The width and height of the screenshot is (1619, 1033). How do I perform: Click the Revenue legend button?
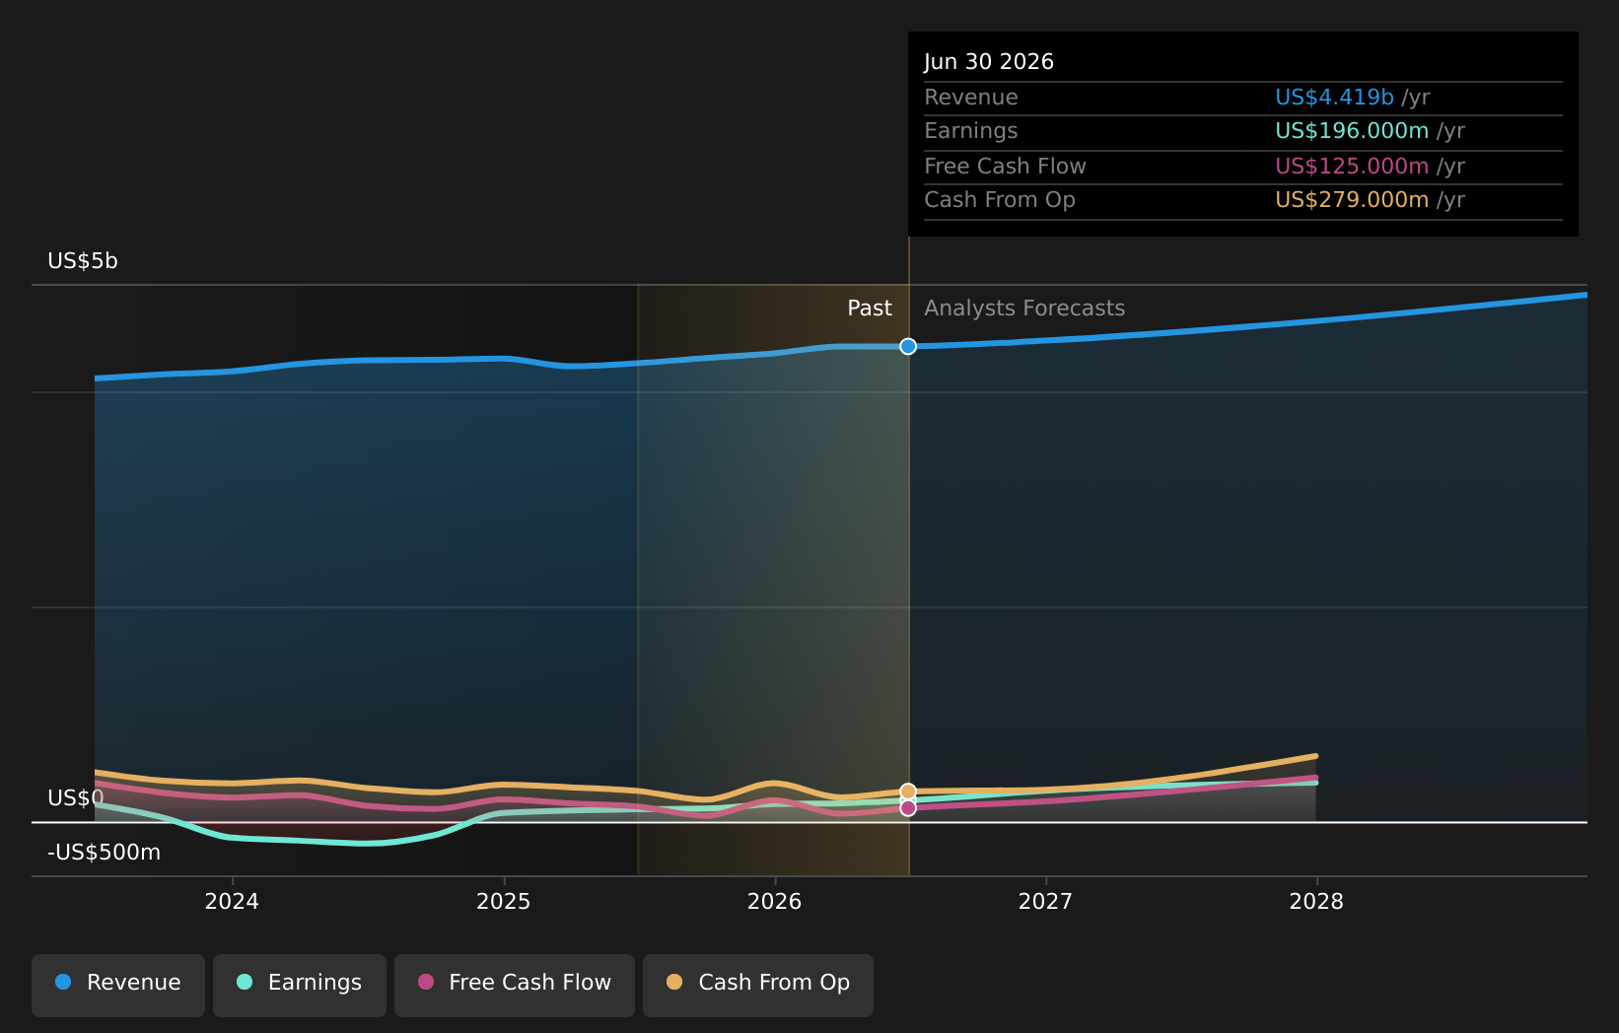tap(117, 986)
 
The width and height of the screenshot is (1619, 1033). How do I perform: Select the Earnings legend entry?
tap(299, 986)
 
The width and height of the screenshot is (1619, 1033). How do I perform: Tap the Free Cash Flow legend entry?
tap(515, 986)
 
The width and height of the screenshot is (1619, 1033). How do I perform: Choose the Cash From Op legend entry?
tap(758, 986)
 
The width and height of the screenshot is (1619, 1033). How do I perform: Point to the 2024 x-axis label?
tap(232, 902)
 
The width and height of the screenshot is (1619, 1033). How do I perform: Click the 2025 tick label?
tap(504, 902)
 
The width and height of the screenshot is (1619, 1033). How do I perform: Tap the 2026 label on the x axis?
tap(775, 902)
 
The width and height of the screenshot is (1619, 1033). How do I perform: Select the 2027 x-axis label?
tap(1046, 902)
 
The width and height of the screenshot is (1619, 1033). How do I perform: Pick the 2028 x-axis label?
tap(1317, 902)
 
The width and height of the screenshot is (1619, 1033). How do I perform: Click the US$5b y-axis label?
tap(83, 261)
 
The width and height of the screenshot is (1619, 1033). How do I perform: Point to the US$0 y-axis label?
tap(76, 798)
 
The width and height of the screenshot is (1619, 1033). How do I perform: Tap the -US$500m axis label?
tap(105, 853)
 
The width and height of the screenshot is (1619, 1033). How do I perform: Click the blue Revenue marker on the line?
tap(908, 347)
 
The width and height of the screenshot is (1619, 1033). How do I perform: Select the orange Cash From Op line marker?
tap(908, 792)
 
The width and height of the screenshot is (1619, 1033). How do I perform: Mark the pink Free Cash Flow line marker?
tap(908, 808)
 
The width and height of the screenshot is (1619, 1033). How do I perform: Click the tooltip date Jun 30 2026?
tap(989, 62)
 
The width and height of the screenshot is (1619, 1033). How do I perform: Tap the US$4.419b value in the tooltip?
tap(1334, 98)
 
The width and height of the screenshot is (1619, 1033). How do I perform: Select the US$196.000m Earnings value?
tap(1352, 131)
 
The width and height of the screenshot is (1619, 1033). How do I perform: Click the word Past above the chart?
tap(870, 309)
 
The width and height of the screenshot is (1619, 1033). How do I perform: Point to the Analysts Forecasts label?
tap(1024, 309)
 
